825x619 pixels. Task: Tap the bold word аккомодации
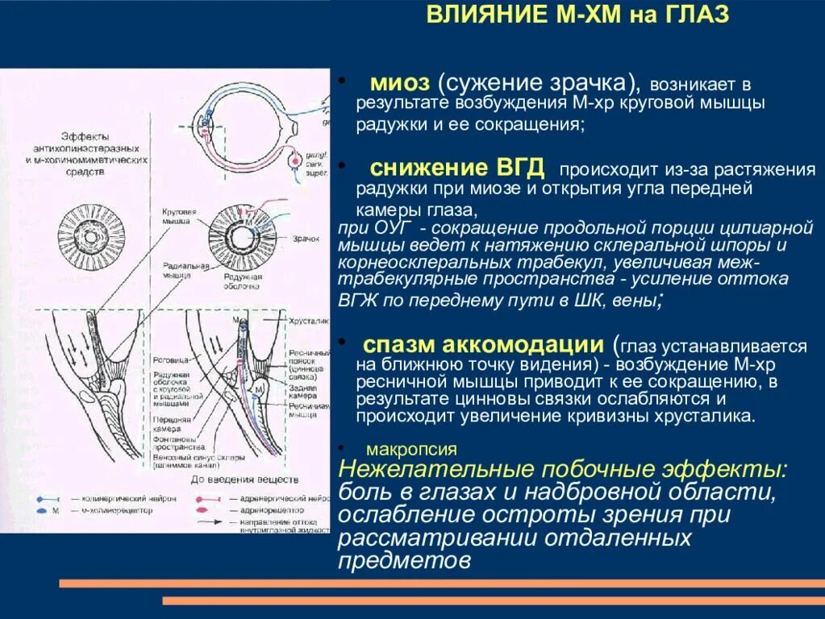click(526, 345)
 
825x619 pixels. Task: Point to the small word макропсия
click(411, 450)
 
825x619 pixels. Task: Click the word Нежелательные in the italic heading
click(439, 471)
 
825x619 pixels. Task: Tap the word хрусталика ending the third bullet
click(713, 417)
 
